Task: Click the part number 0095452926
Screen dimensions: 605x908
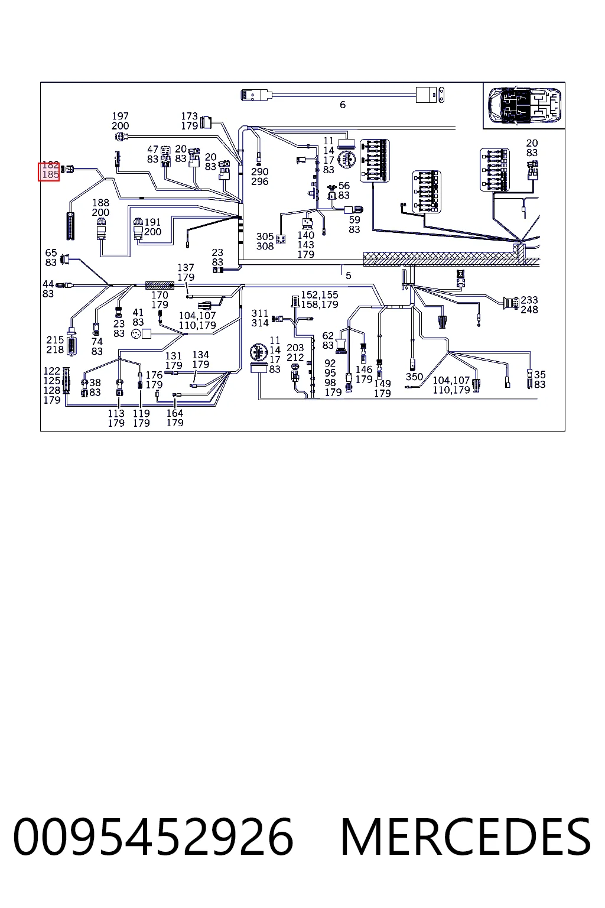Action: (x=153, y=837)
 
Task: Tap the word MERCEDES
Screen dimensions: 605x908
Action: (x=466, y=837)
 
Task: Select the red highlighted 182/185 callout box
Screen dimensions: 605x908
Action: (x=48, y=171)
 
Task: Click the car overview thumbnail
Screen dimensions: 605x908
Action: (x=525, y=106)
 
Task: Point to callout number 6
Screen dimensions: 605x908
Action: (x=343, y=105)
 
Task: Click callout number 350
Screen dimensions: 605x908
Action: (x=414, y=377)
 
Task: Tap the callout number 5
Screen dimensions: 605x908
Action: (x=349, y=275)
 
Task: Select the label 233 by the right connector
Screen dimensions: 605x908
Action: (x=529, y=300)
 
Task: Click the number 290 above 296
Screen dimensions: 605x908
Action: (x=260, y=172)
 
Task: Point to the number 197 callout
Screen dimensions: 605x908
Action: (x=121, y=116)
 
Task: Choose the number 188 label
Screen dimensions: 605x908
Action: (x=101, y=203)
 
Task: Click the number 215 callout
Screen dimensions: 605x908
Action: (x=55, y=340)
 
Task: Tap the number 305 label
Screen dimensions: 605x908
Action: (x=265, y=236)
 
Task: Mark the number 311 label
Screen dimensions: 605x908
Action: (x=260, y=313)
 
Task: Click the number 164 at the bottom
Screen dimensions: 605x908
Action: (x=175, y=413)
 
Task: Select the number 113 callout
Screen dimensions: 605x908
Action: (x=116, y=413)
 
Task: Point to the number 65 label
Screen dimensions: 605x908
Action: (x=51, y=253)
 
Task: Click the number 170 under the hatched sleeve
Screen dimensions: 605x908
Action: (x=160, y=295)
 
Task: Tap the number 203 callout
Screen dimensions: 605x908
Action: (x=295, y=348)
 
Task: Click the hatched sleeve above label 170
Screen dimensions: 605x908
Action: (x=160, y=286)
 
